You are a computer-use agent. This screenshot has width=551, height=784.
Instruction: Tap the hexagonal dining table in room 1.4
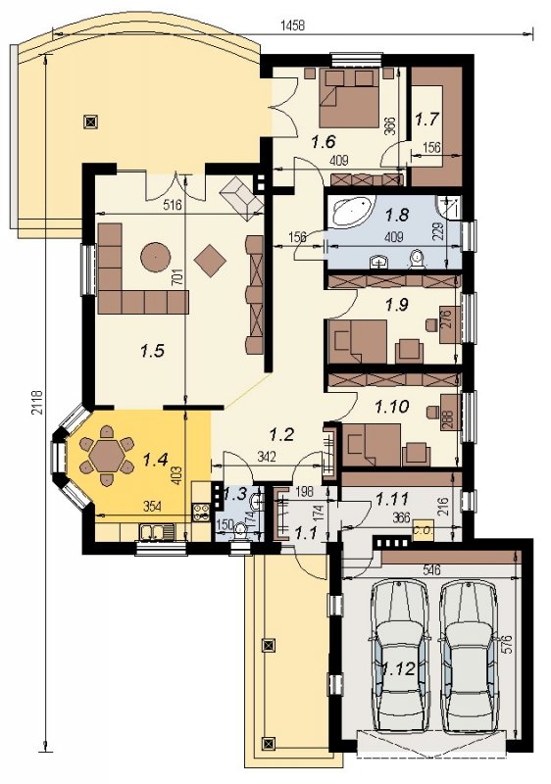(107, 455)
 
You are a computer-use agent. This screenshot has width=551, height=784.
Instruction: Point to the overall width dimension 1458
(292, 25)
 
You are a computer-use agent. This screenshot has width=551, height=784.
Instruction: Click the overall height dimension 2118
(37, 403)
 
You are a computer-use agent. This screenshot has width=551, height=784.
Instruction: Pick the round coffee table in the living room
(156, 258)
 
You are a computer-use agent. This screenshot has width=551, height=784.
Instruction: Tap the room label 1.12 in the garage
(400, 668)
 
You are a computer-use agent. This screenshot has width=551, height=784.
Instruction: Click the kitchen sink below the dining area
(157, 531)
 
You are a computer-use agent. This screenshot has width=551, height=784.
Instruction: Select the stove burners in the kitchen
(201, 513)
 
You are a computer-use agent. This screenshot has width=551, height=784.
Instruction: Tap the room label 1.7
(427, 120)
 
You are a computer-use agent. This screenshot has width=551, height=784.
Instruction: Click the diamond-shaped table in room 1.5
(211, 260)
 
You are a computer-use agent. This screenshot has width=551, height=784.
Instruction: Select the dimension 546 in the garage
(431, 569)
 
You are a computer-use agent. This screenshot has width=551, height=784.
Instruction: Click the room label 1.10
(392, 407)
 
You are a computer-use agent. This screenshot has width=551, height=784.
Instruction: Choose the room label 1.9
(397, 305)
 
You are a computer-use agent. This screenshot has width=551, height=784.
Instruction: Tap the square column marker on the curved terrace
(90, 121)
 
